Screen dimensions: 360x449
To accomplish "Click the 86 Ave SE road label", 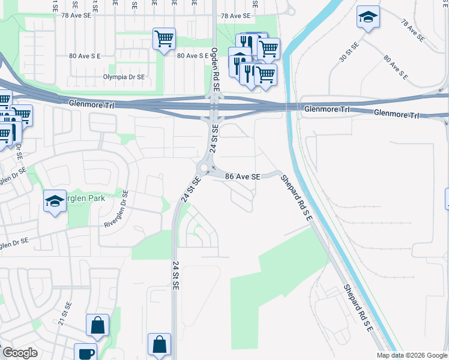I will tap(243, 176).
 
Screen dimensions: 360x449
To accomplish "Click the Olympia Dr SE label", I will tap(124, 77).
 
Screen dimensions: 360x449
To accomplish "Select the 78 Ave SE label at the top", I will tap(235, 16).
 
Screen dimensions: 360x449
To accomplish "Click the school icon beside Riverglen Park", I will tap(55, 201).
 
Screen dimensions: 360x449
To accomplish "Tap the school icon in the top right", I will tap(367, 17).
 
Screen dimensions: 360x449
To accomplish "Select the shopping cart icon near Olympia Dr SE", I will tap(164, 40).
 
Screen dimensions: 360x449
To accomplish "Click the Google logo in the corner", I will tap(20, 353).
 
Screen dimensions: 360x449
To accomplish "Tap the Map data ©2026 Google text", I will tap(412, 355).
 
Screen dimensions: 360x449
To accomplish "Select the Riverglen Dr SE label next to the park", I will tap(118, 208).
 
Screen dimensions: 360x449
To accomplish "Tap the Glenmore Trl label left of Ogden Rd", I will tap(91, 103).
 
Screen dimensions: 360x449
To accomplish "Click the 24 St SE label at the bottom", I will tap(175, 275).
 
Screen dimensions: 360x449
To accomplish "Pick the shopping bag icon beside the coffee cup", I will tap(97, 326).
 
